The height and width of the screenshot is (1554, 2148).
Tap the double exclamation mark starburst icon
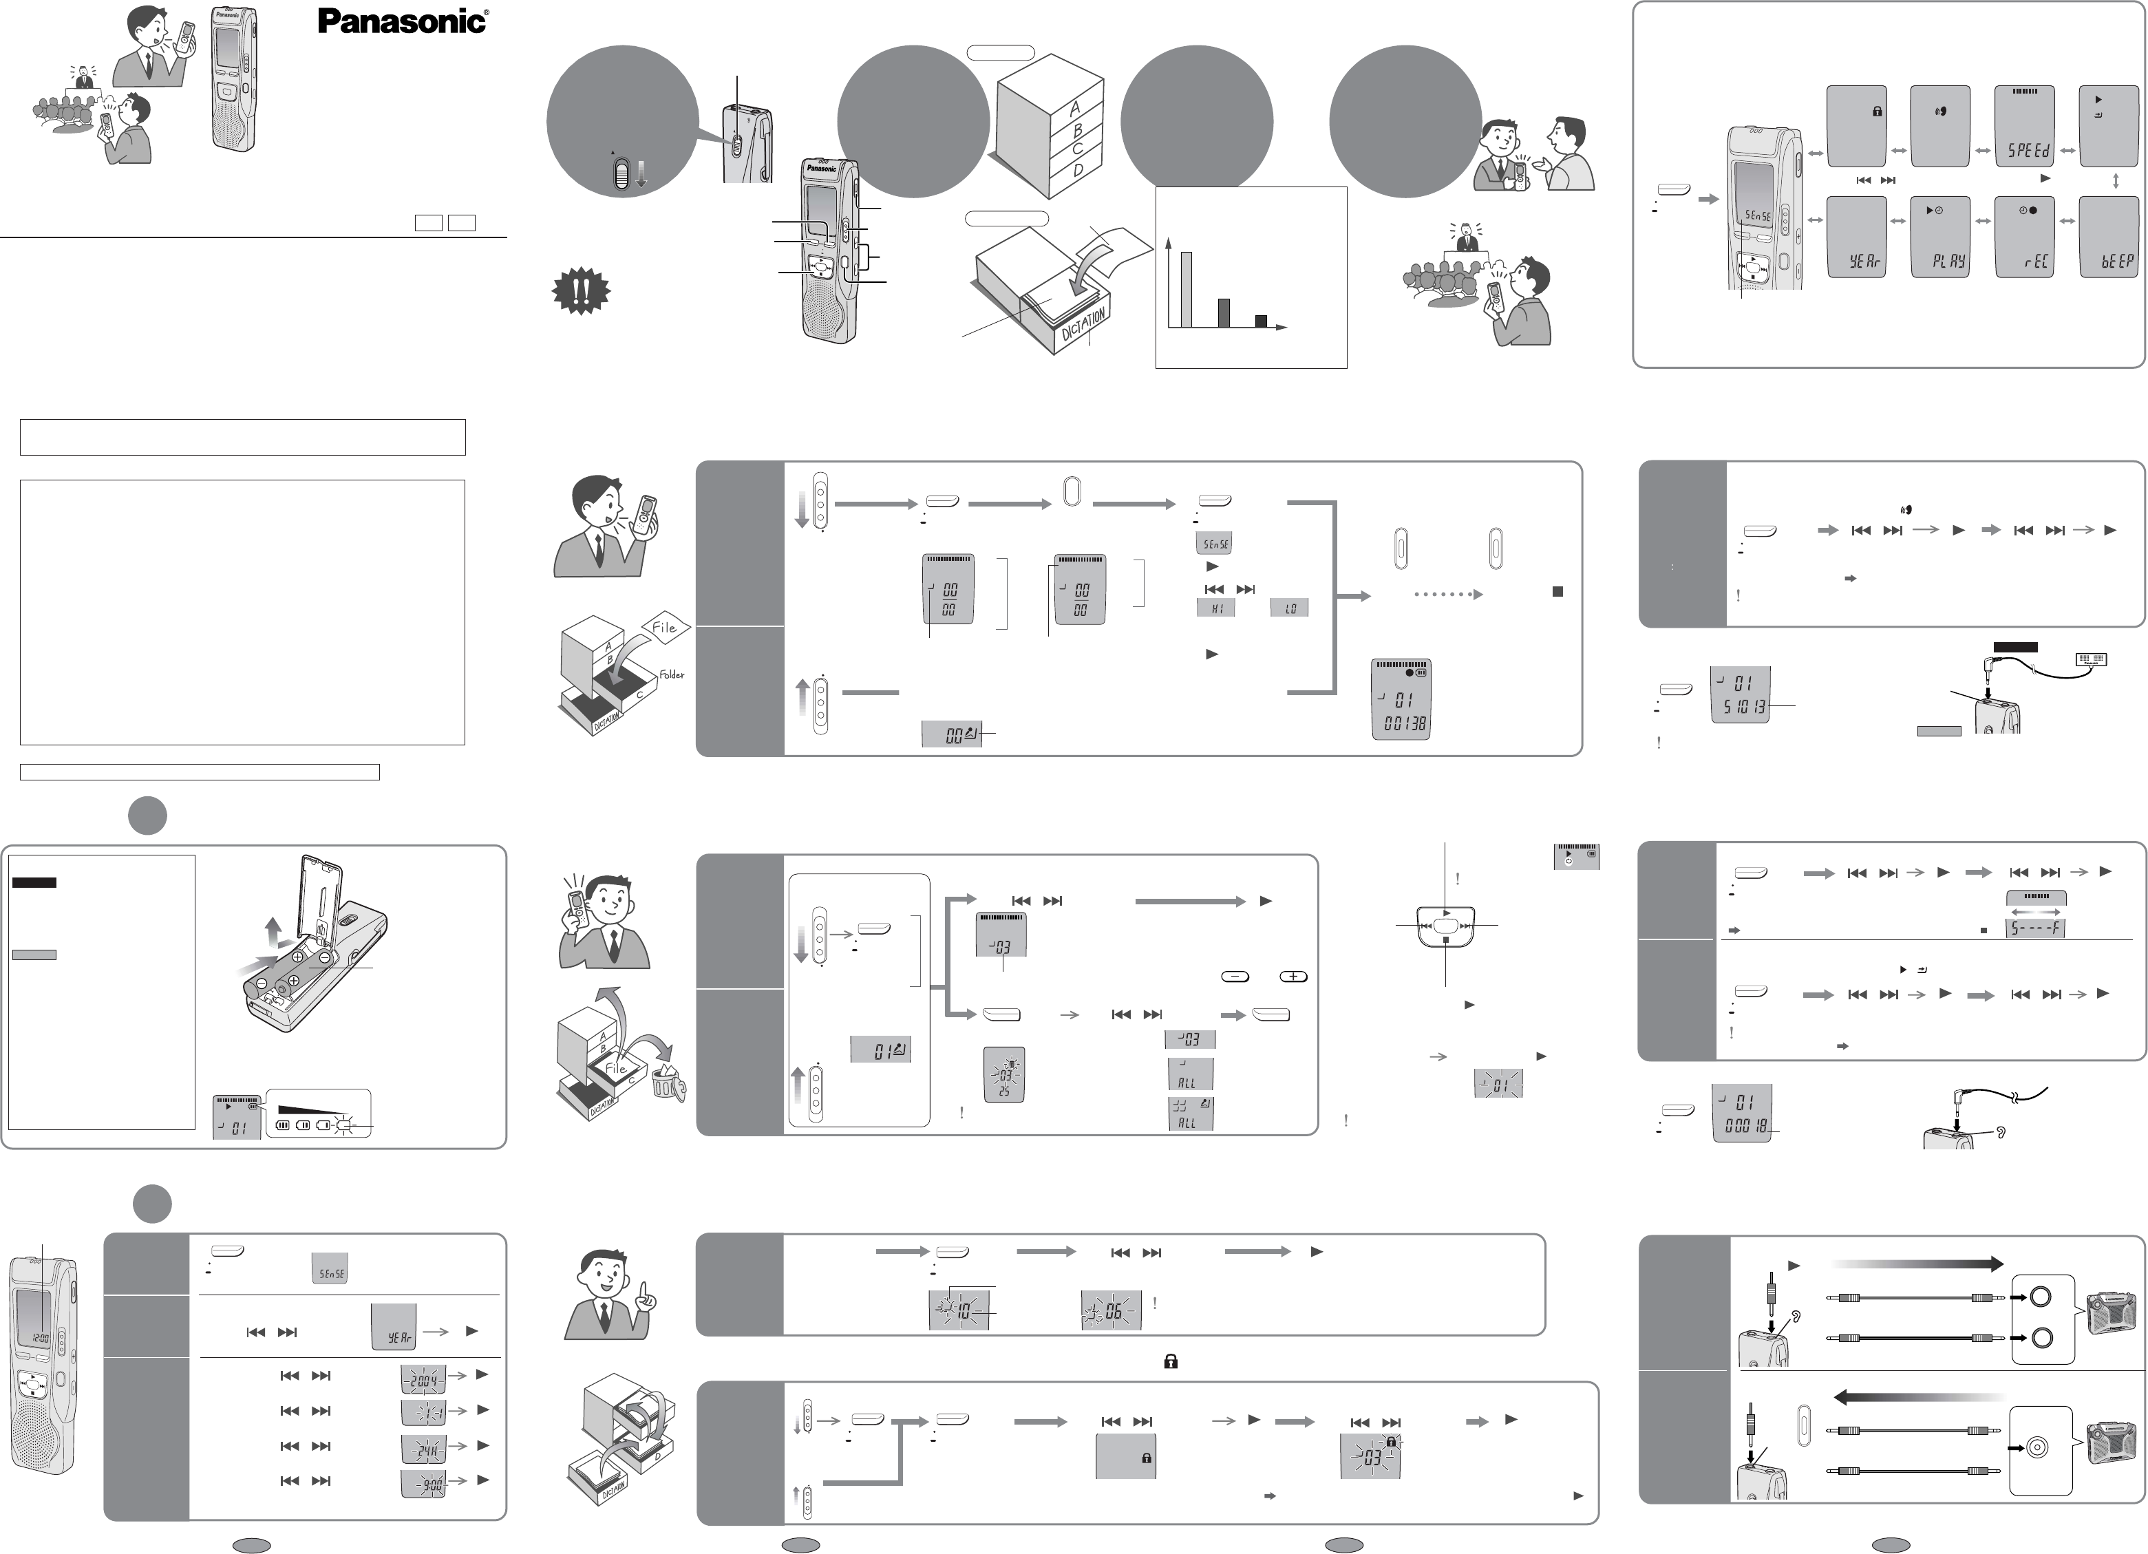581,292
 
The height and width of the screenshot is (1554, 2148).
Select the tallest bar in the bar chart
1187,289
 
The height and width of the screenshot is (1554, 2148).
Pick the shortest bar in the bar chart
1261,321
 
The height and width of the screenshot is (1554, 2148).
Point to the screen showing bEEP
2111,237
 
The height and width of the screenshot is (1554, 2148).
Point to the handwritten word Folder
672,675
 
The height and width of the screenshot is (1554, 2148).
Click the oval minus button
1235,977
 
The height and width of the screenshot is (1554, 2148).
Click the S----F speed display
2034,928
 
